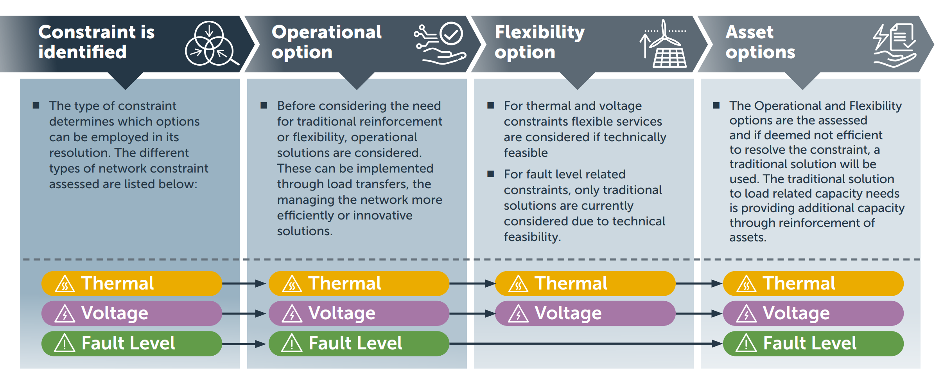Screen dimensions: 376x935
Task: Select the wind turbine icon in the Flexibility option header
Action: [664, 44]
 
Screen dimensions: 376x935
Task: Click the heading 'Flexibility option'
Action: [539, 42]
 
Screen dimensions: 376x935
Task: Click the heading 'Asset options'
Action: [760, 42]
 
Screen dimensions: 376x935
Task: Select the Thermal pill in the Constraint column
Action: [131, 283]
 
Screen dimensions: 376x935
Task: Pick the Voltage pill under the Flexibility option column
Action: [585, 313]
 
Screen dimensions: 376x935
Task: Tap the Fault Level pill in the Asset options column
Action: [813, 344]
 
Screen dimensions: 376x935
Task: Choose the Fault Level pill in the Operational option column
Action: [359, 344]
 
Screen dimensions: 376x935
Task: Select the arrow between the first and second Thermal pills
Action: [244, 283]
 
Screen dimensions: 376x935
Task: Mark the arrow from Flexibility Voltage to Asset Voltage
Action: [698, 313]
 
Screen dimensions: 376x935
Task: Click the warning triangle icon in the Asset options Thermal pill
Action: [746, 284]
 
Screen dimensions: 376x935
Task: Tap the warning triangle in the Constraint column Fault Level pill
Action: [65, 344]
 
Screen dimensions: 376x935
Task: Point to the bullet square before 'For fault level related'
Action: [490, 174]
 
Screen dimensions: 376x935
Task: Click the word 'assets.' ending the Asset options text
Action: [747, 237]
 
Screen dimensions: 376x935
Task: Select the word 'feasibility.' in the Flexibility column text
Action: [532, 237]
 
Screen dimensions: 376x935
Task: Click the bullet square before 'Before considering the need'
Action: [264, 105]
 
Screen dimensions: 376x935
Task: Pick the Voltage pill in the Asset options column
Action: [813, 313]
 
